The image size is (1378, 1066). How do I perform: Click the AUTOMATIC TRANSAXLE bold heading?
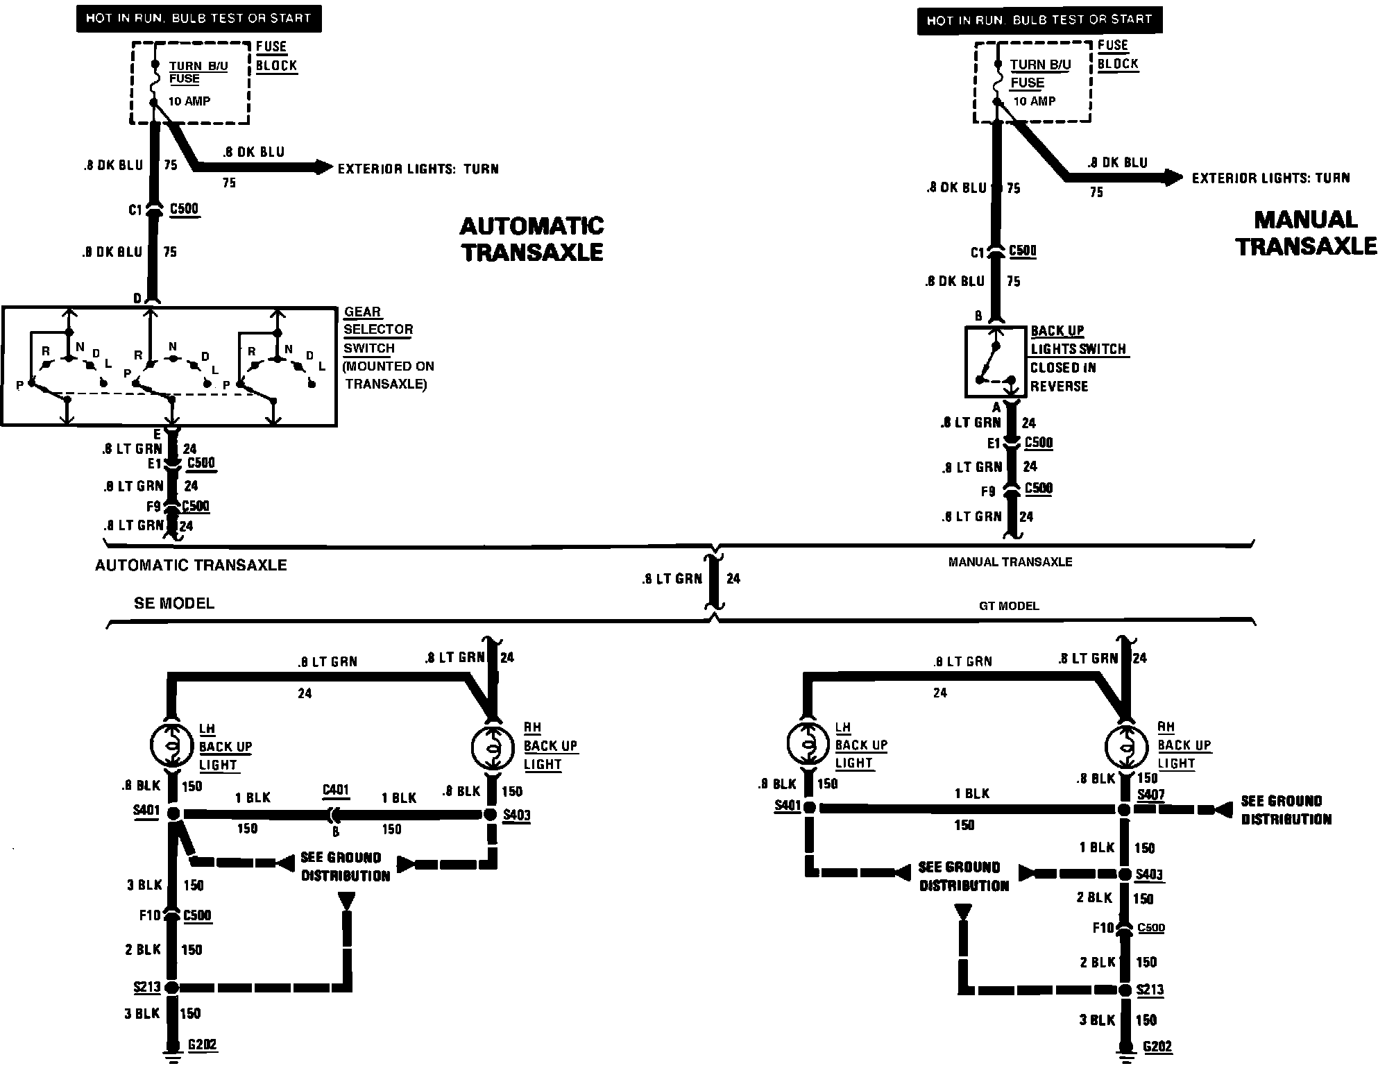click(531, 239)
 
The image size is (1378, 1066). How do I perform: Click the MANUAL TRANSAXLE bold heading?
click(1306, 233)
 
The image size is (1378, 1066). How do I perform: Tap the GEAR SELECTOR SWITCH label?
click(378, 330)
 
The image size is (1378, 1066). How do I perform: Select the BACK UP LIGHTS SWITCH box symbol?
click(995, 362)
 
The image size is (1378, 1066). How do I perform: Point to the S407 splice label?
click(1151, 795)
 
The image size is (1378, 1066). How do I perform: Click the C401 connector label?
click(336, 790)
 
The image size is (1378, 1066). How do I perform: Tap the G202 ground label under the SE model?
click(203, 1044)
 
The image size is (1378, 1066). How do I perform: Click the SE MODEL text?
click(174, 603)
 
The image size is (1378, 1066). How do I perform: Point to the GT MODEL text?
click(1009, 606)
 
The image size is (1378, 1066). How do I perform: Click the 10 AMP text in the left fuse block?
click(189, 101)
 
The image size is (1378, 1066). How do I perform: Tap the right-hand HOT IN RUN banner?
click(1039, 20)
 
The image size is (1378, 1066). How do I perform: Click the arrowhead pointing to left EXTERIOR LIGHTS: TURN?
click(324, 167)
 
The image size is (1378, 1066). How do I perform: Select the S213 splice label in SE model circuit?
click(147, 986)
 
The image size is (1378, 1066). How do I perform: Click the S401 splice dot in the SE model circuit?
click(173, 813)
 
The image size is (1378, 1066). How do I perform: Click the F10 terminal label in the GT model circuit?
click(1103, 927)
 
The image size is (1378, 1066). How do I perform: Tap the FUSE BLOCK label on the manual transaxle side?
click(1118, 55)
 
